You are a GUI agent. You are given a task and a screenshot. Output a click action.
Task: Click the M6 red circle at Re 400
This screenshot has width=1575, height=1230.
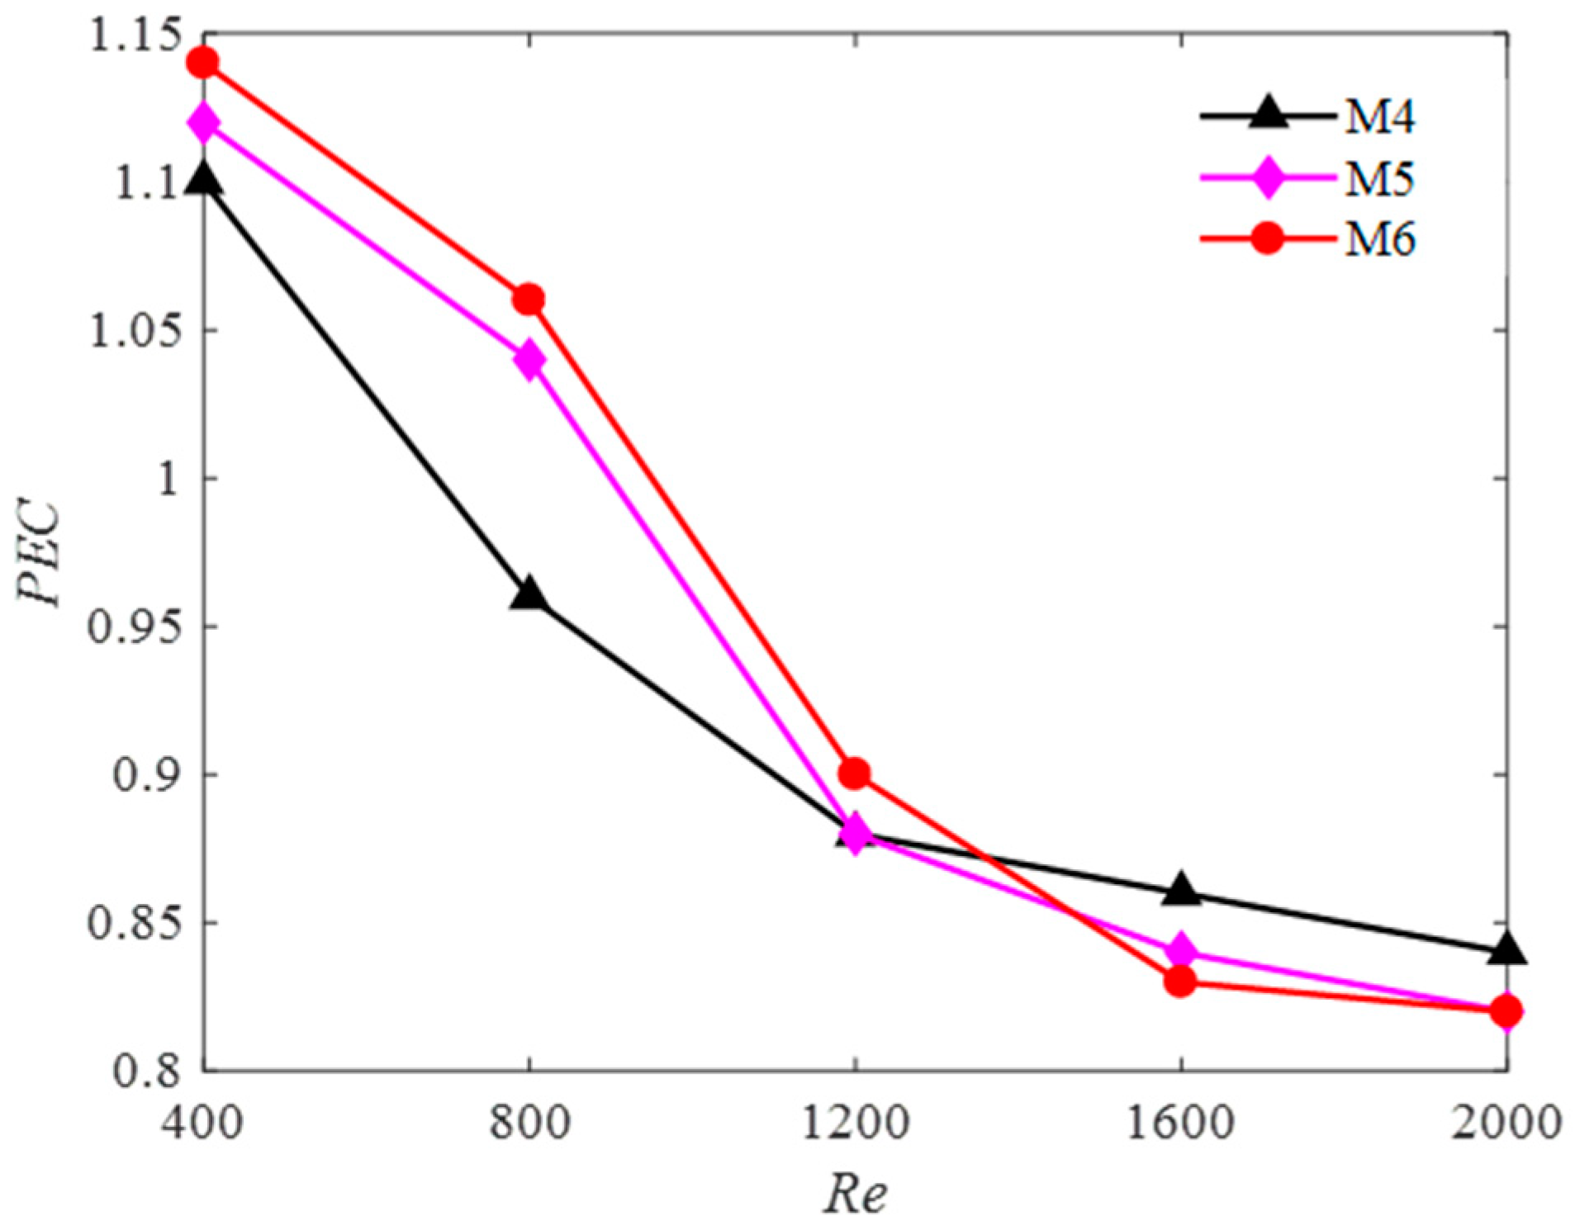click(x=203, y=63)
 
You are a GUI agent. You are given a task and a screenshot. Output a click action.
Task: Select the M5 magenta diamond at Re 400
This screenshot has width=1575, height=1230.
click(x=203, y=122)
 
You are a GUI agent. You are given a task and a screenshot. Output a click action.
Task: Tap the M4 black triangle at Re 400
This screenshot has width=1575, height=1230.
click(x=203, y=180)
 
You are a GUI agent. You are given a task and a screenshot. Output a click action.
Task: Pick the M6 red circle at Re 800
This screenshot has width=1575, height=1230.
click(x=529, y=299)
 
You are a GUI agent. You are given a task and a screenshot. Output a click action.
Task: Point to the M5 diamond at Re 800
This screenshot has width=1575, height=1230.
click(x=529, y=359)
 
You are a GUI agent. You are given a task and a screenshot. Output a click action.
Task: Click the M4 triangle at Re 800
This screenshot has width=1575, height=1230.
click(x=529, y=594)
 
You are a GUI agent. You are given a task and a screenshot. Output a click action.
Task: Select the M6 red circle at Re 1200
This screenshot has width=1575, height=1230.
click(x=854, y=773)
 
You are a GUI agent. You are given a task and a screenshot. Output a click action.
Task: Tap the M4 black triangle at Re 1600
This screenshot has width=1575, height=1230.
click(x=1180, y=890)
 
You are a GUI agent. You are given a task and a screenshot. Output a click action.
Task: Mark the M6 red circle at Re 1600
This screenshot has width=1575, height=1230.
click(x=1180, y=982)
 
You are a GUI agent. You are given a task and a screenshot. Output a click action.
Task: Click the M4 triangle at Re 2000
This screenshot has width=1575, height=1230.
click(x=1506, y=949)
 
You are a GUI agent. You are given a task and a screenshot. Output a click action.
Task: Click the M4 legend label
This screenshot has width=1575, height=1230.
click(x=1380, y=116)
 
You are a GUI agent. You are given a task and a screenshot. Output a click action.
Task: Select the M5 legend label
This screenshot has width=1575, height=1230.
click(x=1380, y=178)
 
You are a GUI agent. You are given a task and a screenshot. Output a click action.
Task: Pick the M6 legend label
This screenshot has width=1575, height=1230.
click(x=1380, y=239)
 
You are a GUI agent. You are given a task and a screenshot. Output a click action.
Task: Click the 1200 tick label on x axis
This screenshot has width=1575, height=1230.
click(x=855, y=1123)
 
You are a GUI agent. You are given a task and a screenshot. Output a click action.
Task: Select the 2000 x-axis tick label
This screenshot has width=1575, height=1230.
click(x=1505, y=1123)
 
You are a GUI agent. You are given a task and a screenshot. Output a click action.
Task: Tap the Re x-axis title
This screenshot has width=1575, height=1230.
click(x=856, y=1194)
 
